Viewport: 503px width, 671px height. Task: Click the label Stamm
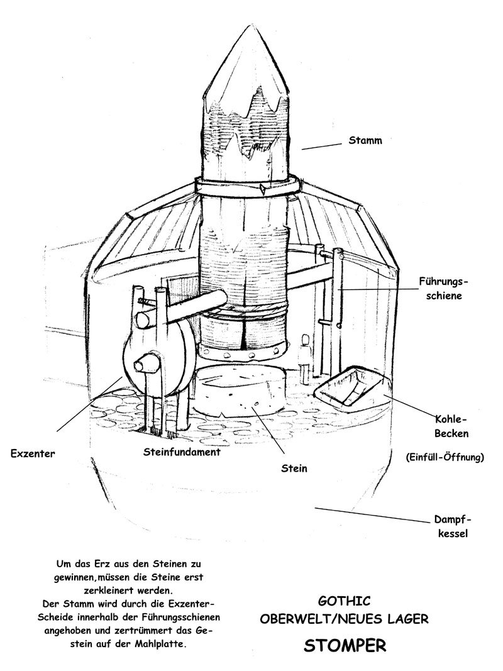(x=365, y=141)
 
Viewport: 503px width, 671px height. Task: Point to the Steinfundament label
(x=182, y=452)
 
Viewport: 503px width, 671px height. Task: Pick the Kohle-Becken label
(x=451, y=426)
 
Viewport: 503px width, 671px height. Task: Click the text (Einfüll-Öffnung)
(x=445, y=457)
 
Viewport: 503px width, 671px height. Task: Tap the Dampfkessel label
(x=452, y=527)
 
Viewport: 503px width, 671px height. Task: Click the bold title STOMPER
(x=345, y=646)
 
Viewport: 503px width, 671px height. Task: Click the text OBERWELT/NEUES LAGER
(x=345, y=619)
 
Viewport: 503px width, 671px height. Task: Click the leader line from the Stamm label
(x=321, y=145)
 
